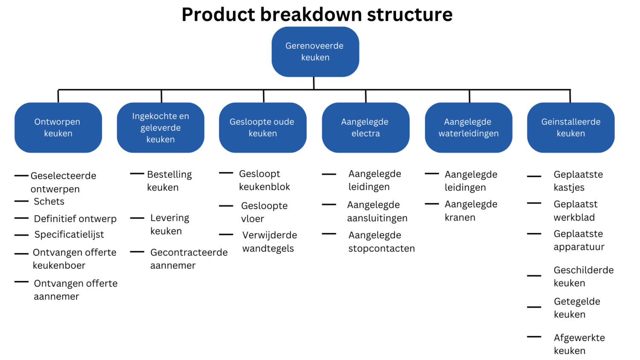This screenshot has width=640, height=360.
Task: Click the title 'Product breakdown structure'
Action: click(317, 15)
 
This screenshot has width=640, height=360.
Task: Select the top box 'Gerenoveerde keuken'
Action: click(315, 52)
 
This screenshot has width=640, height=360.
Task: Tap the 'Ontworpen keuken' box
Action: click(58, 128)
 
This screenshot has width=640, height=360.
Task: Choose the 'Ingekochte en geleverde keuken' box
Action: click(160, 128)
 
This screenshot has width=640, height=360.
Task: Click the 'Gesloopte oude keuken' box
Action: click(262, 128)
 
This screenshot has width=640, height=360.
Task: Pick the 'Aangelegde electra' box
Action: click(365, 128)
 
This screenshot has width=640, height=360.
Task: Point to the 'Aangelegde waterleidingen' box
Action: click(468, 128)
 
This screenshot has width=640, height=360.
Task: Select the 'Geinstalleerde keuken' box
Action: click(571, 128)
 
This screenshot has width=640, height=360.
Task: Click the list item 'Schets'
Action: click(49, 201)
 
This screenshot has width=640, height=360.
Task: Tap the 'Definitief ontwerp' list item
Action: click(75, 219)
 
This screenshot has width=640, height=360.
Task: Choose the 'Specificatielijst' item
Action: click(69, 235)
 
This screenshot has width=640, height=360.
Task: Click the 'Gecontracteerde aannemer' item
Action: click(189, 259)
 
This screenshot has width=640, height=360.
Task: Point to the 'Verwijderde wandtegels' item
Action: click(269, 242)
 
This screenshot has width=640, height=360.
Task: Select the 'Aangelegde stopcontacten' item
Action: click(381, 242)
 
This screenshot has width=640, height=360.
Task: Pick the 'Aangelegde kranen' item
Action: click(471, 211)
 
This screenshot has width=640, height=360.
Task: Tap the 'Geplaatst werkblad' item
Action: click(575, 211)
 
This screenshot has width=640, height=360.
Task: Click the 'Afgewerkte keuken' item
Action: click(579, 344)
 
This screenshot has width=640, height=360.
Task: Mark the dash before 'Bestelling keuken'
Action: click(137, 174)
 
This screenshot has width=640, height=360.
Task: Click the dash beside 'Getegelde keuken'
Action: click(534, 307)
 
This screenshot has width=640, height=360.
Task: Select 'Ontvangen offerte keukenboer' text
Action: click(74, 259)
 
